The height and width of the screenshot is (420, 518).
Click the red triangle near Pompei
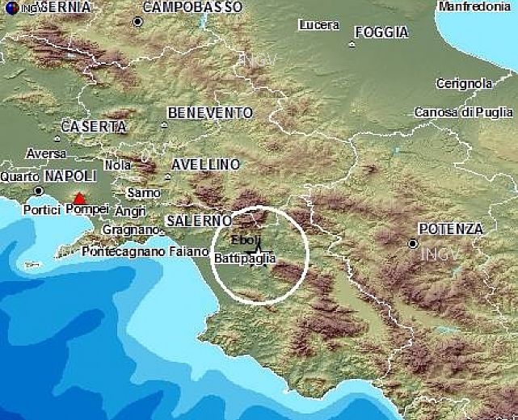pos(78,197)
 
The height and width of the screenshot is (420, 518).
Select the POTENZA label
pos(450,229)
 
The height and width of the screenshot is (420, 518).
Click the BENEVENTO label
pos(210,113)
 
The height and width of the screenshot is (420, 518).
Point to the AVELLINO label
pos(206,165)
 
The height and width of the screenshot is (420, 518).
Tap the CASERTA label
pos(94,127)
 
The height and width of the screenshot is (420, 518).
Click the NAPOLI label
pos(70,176)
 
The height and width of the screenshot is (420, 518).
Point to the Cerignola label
pos(464,83)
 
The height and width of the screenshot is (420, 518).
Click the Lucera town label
pos(318,25)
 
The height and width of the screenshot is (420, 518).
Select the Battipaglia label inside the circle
pos(246,258)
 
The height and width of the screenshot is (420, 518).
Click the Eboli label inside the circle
pos(246,241)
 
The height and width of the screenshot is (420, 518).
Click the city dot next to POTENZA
pos(413,243)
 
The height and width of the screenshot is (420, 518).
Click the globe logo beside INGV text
pos(11,8)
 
